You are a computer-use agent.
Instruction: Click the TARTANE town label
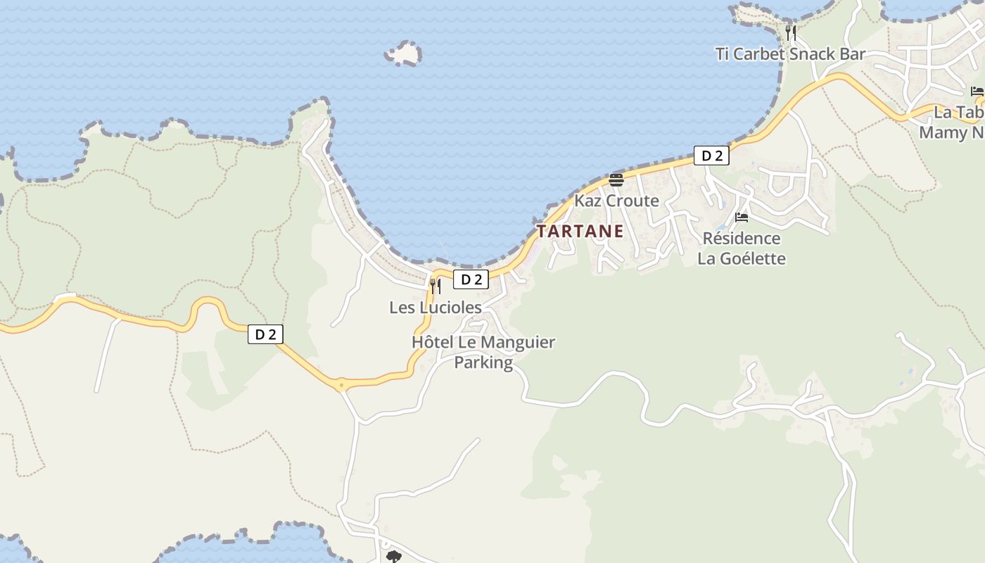pyautogui.click(x=580, y=231)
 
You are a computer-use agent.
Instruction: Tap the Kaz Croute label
pyautogui.click(x=616, y=201)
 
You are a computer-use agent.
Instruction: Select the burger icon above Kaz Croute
pyautogui.click(x=616, y=180)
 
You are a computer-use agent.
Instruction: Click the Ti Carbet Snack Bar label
pyautogui.click(x=790, y=54)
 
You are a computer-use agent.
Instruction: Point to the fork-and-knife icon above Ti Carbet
pyautogui.click(x=791, y=32)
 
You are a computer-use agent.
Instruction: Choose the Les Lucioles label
pyautogui.click(x=436, y=308)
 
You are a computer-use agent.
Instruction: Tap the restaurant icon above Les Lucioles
pyautogui.click(x=436, y=286)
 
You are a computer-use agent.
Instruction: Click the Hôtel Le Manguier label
pyautogui.click(x=483, y=343)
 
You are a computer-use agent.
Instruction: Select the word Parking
pyautogui.click(x=483, y=362)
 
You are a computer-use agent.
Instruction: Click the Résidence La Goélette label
pyautogui.click(x=742, y=248)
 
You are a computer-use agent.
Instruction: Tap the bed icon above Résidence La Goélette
pyautogui.click(x=742, y=217)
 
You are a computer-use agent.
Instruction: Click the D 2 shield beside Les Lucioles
pyautogui.click(x=471, y=279)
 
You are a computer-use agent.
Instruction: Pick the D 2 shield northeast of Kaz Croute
pyautogui.click(x=711, y=156)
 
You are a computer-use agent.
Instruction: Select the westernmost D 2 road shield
pyautogui.click(x=265, y=334)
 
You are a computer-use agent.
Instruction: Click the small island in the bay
pyautogui.click(x=403, y=53)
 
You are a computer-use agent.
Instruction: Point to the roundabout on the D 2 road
pyautogui.click(x=341, y=385)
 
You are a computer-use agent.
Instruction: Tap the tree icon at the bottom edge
pyautogui.click(x=393, y=557)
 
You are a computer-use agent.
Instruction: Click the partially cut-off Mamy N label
pyautogui.click(x=952, y=132)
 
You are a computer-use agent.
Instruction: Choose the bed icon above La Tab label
pyautogui.click(x=977, y=91)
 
